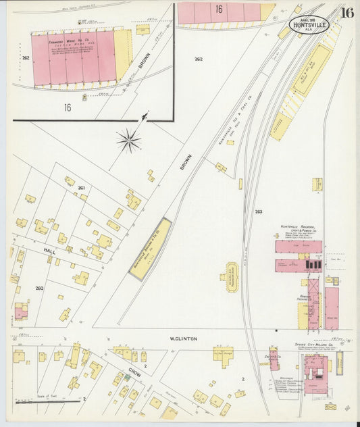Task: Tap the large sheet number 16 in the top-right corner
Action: click(x=346, y=13)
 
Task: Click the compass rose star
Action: click(x=128, y=141)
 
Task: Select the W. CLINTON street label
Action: click(x=183, y=338)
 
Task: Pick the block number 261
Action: click(x=81, y=187)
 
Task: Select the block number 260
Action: click(x=39, y=288)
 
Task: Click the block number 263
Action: click(x=258, y=211)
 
